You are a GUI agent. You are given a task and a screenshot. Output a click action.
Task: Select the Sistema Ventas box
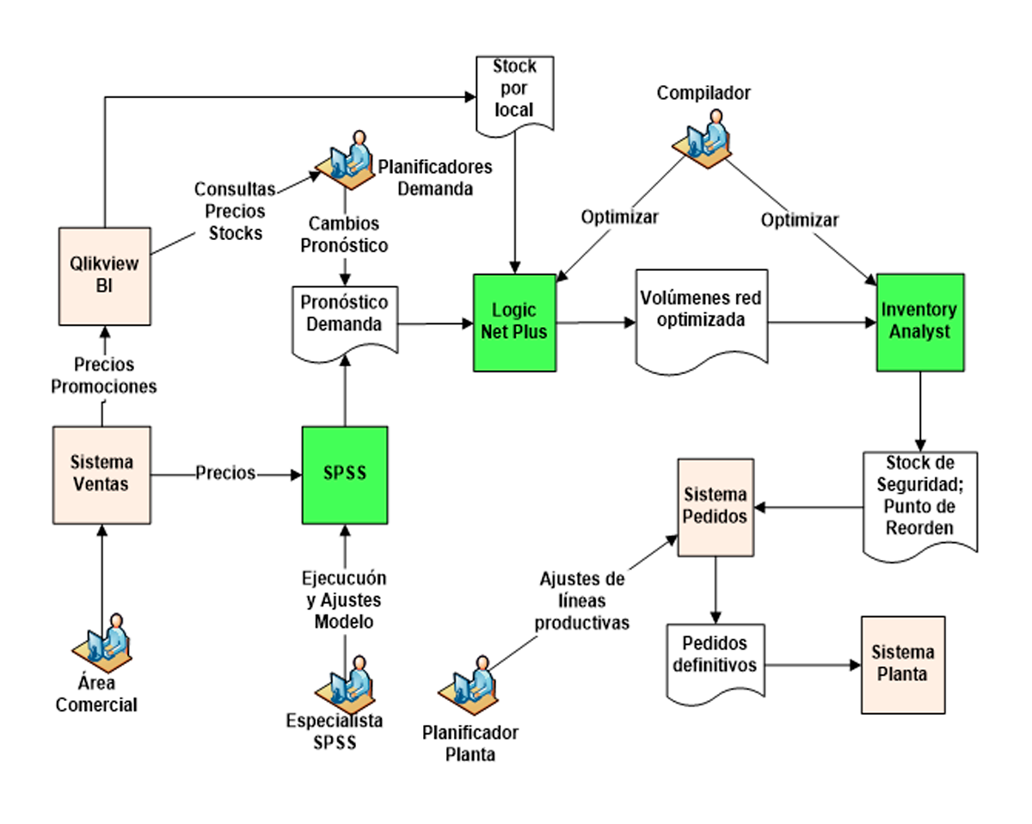[x=101, y=474]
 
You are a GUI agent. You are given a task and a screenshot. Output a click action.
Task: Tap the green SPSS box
[x=344, y=475]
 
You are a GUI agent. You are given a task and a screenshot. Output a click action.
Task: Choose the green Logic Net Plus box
[x=514, y=323]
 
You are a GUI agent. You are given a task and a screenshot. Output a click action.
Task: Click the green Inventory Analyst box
[x=920, y=323]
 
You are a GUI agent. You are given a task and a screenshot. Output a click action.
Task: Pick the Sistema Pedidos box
[x=715, y=507]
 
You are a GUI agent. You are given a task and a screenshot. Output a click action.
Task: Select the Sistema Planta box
[x=903, y=664]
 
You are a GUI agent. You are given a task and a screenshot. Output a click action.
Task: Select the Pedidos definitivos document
[x=715, y=655]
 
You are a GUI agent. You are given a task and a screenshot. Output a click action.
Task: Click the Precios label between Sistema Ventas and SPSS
[x=225, y=474]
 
